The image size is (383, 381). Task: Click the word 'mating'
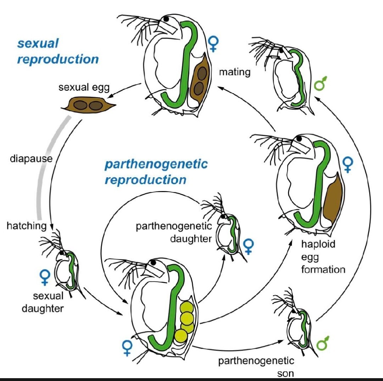click(234, 72)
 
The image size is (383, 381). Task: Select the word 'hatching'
click(27, 225)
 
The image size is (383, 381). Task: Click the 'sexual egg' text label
click(84, 87)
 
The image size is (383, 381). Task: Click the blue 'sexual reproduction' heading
click(58, 51)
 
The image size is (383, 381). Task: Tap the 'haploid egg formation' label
click(323, 257)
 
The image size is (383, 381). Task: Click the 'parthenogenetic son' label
click(256, 366)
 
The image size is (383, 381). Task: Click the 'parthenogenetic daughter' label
click(174, 232)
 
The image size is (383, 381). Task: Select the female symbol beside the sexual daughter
click(45, 278)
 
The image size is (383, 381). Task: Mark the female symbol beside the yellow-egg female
click(127, 348)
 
